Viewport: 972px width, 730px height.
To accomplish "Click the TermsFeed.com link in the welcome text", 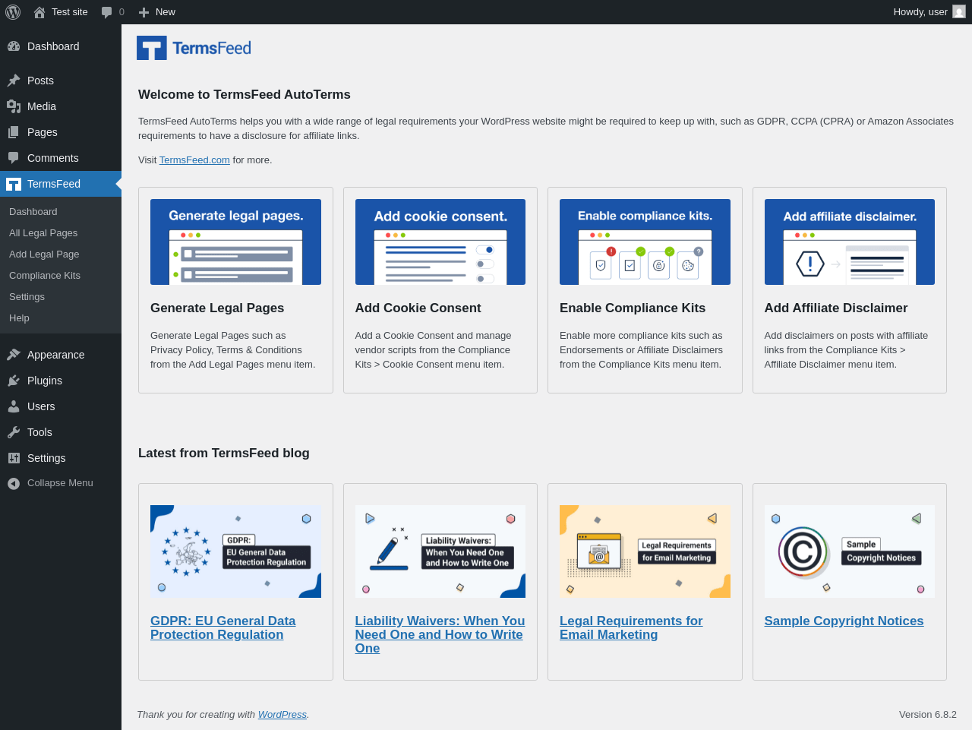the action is tap(194, 160).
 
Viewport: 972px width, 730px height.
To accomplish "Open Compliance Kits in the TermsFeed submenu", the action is tap(45, 276).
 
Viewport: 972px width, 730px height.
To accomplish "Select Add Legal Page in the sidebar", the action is tap(44, 254).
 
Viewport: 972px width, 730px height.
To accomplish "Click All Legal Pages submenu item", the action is tap(43, 233).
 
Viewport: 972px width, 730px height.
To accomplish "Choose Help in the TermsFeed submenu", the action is tap(19, 318).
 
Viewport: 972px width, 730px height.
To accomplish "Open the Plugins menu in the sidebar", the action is tap(45, 381).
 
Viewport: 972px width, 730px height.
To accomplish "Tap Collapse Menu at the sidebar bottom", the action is tap(60, 483).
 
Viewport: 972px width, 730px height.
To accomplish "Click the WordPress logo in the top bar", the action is tap(13, 12).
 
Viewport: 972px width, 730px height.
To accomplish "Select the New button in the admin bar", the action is tap(156, 12).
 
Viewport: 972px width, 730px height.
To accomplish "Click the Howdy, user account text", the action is tap(920, 12).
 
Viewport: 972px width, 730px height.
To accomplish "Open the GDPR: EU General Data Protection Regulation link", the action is tap(222, 627).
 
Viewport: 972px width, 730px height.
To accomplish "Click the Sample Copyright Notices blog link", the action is tap(844, 621).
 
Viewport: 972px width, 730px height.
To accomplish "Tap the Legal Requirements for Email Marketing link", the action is tap(631, 627).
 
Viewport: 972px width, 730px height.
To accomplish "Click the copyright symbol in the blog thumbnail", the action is tap(803, 552).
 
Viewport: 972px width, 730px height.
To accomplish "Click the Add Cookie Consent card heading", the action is tap(418, 308).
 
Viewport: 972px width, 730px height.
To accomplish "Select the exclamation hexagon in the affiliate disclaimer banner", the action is tap(810, 264).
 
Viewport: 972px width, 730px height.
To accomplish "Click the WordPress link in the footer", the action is tap(282, 715).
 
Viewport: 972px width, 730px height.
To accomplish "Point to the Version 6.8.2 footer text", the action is tap(928, 715).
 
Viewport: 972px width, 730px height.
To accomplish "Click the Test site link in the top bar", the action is tap(70, 12).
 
